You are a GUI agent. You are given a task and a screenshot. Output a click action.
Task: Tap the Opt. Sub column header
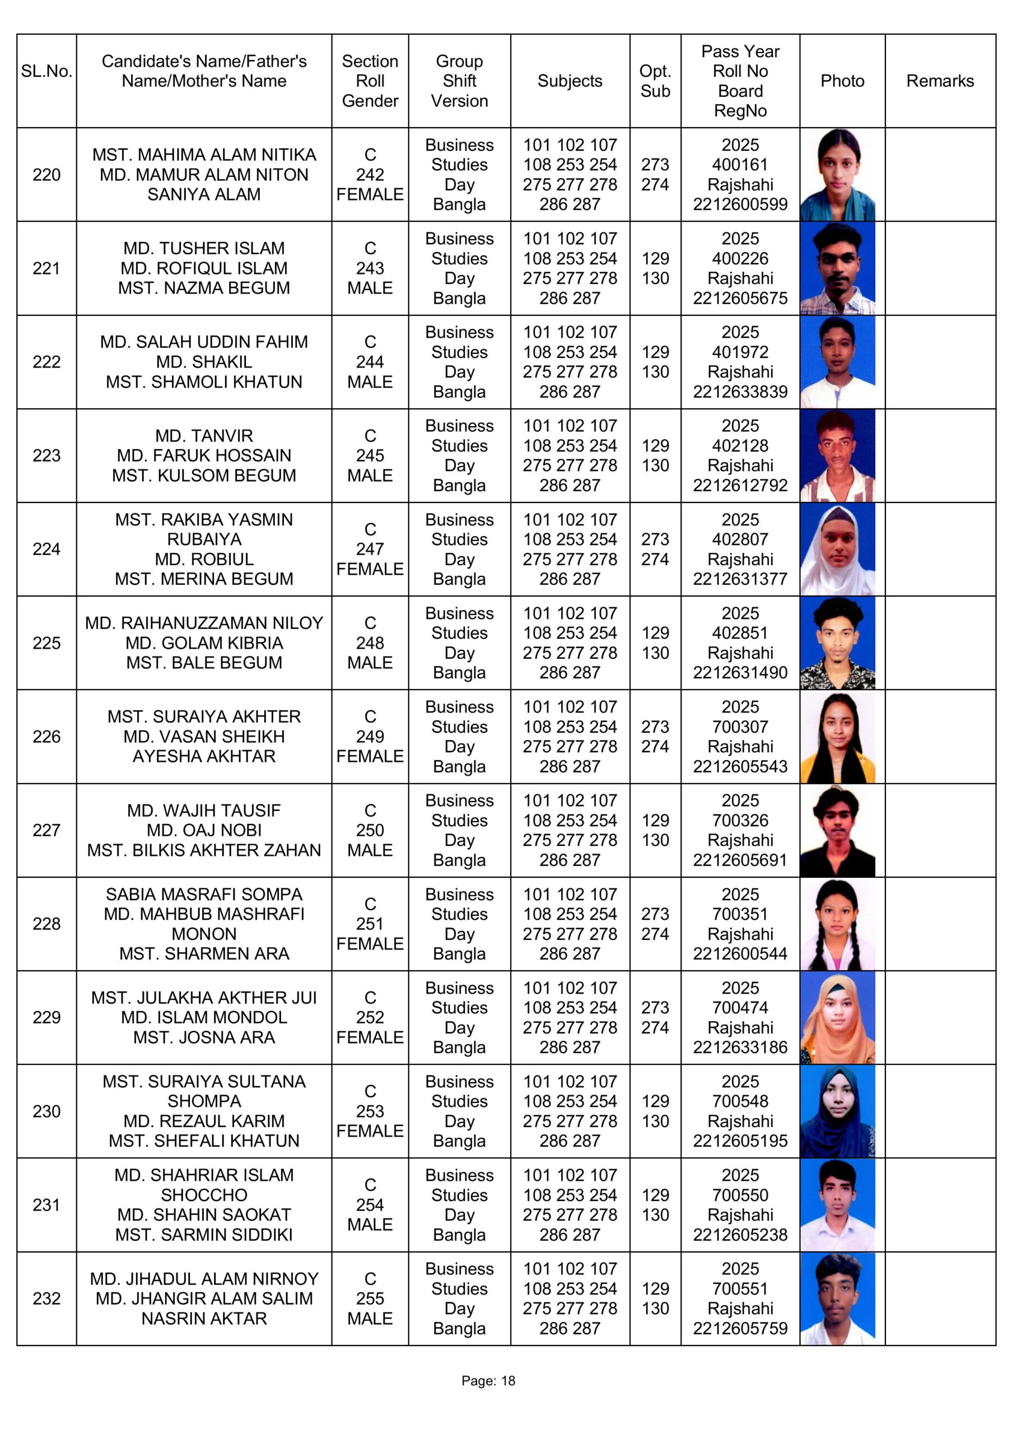[655, 81]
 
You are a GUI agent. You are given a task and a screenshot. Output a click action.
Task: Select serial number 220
[46, 175]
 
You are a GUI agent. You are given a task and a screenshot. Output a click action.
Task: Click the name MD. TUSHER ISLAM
[204, 248]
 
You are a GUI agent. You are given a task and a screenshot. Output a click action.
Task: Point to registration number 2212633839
[740, 392]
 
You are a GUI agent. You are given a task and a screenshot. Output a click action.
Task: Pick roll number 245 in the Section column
[370, 455]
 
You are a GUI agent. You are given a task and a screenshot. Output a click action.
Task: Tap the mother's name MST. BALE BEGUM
[204, 663]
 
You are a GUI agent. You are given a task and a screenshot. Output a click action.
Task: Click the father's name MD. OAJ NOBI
[204, 830]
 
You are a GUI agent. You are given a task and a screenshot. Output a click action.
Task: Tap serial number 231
[46, 1205]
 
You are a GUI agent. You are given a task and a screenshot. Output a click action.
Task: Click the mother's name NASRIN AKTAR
[204, 1319]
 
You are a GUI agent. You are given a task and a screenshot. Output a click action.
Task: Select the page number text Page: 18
[488, 1381]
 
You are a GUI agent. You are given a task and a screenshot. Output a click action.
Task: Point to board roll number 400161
[740, 165]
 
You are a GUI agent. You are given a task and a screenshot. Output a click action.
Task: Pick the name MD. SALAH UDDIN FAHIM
[204, 342]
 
